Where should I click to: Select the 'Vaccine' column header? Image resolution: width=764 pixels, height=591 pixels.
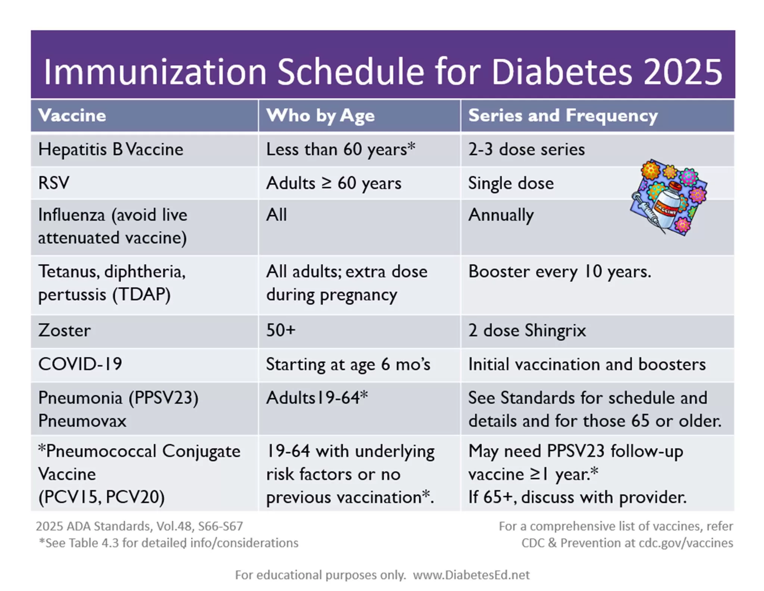pyautogui.click(x=72, y=115)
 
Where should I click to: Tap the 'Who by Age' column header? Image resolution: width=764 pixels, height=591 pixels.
pyautogui.click(x=320, y=115)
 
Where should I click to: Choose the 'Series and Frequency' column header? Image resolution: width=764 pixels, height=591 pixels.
pyautogui.click(x=563, y=115)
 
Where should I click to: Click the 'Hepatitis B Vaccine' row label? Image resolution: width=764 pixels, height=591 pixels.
pyautogui.click(x=111, y=149)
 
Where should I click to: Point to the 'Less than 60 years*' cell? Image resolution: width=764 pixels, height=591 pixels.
pyautogui.click(x=340, y=149)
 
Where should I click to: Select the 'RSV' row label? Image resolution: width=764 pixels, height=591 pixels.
pyautogui.click(x=54, y=183)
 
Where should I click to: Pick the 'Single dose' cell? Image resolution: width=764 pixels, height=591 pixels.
pyautogui.click(x=511, y=183)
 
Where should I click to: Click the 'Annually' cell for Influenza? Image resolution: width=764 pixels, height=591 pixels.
pyautogui.click(x=501, y=215)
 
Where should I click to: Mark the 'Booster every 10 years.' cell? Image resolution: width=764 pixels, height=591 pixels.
pyautogui.click(x=559, y=271)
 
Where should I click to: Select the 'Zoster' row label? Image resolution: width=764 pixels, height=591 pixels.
pyautogui.click(x=64, y=330)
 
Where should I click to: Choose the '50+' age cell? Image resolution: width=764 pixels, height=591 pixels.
pyautogui.click(x=281, y=330)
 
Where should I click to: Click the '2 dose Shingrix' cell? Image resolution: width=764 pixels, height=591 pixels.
pyautogui.click(x=527, y=330)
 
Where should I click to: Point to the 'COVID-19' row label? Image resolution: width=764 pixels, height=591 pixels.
pyautogui.click(x=80, y=364)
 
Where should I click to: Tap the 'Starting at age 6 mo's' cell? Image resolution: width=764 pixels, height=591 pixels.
pyautogui.click(x=348, y=364)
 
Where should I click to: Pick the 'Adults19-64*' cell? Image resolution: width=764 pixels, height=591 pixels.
pyautogui.click(x=317, y=398)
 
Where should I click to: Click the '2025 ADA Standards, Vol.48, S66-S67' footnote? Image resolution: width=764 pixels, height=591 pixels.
pyautogui.click(x=139, y=526)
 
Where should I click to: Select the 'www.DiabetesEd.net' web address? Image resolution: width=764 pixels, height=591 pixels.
pyautogui.click(x=471, y=575)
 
